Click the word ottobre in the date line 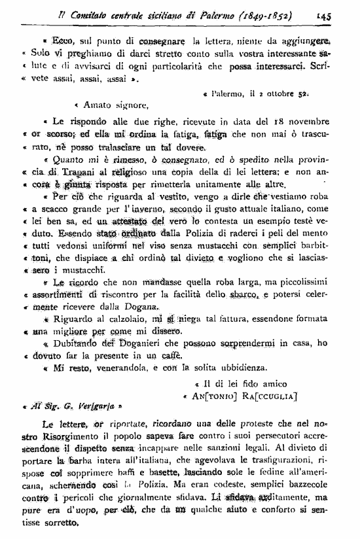click(271, 94)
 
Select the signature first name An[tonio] click(215, 396)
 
